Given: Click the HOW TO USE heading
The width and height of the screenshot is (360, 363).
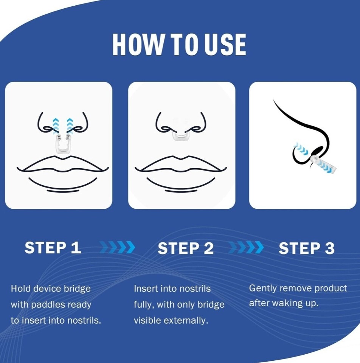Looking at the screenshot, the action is (x=179, y=45).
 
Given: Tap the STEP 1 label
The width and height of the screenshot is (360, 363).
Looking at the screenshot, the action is (x=53, y=247).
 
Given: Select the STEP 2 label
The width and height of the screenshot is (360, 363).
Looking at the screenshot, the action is (x=185, y=248).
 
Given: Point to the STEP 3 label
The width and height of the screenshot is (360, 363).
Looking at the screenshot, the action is (x=307, y=248).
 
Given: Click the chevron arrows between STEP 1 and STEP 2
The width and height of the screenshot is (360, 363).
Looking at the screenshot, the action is (x=117, y=247).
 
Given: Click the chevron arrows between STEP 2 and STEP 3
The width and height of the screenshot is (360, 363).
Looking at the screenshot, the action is (x=246, y=247).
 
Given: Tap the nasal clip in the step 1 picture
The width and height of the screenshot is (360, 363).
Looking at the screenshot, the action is (x=62, y=144).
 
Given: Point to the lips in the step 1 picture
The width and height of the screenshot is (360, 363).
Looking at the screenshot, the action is (x=62, y=164).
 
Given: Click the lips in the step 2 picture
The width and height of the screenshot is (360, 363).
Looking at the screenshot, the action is (x=181, y=164).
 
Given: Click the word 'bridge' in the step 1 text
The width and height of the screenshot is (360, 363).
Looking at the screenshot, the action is (x=77, y=289).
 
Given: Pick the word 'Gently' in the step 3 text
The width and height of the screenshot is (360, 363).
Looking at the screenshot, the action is (x=263, y=289).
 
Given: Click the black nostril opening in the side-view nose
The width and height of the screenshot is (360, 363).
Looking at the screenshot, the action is (x=317, y=151).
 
